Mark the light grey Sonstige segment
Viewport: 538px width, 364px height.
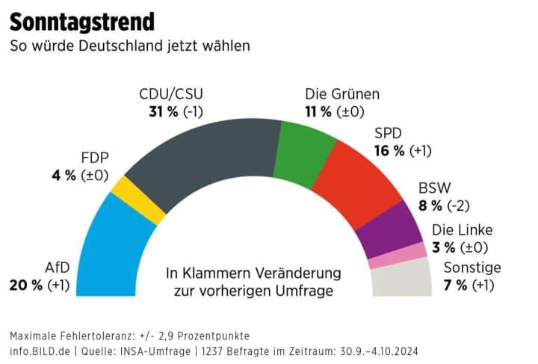402,280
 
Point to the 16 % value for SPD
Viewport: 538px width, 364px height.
389,150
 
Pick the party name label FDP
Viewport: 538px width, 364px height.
95,158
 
